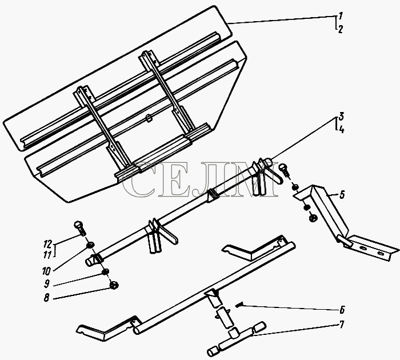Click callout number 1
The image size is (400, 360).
point(341,16)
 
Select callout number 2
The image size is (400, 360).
point(341,29)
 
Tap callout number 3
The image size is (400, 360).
point(342,117)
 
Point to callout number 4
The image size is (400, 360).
point(342,129)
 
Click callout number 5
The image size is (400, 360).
point(342,195)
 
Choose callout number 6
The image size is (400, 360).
point(342,310)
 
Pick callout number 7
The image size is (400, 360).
point(342,324)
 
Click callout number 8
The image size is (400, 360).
point(46,298)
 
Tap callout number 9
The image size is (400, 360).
point(46,284)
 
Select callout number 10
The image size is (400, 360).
point(46,271)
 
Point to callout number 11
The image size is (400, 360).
point(47,255)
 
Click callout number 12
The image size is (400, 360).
point(47,243)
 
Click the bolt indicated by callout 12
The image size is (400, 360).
point(80,229)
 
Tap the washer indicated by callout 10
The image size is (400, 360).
point(90,245)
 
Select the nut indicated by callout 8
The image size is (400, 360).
point(114,285)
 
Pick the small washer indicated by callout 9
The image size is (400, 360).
point(105,272)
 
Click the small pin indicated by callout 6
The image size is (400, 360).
point(239,304)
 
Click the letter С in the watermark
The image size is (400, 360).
point(138,180)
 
